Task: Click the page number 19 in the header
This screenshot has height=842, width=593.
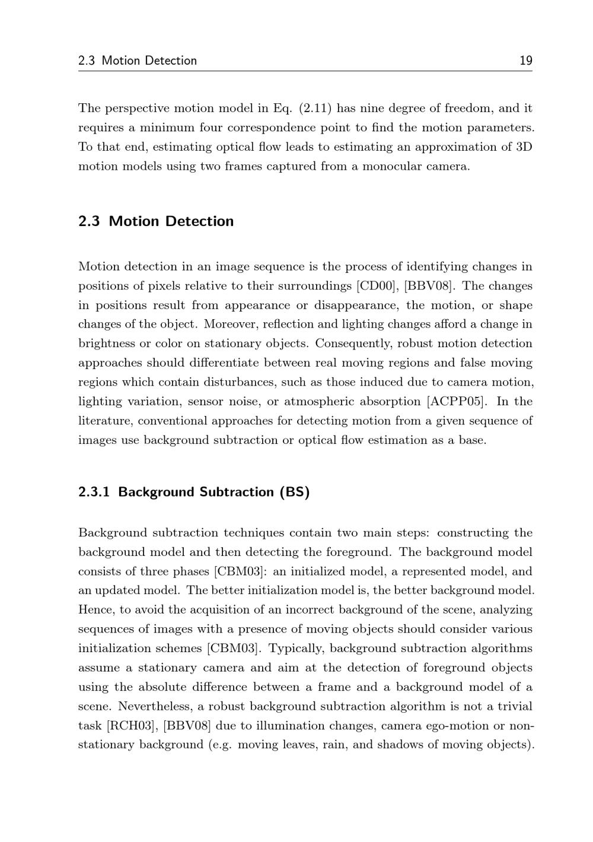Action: click(x=525, y=61)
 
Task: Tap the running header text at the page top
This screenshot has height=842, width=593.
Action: click(x=138, y=61)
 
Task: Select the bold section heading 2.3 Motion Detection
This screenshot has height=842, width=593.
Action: click(x=156, y=221)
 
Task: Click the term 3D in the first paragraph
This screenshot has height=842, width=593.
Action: click(x=524, y=147)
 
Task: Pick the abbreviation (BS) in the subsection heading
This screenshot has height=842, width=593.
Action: click(x=295, y=493)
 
